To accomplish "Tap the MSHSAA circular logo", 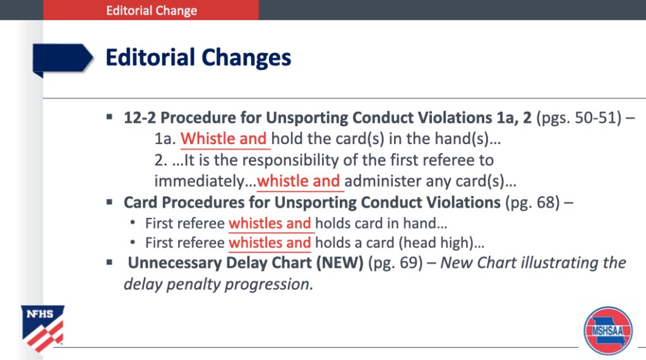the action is click(x=607, y=330).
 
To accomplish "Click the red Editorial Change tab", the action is click(x=151, y=10).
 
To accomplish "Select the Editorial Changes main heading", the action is click(x=198, y=57).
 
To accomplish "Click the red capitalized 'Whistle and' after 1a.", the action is click(x=224, y=139).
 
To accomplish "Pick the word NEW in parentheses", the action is click(x=340, y=263).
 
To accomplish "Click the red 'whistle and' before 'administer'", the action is click(x=299, y=181).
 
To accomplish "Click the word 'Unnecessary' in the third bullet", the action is click(x=175, y=263).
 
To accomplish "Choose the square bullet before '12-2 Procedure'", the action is click(x=109, y=117).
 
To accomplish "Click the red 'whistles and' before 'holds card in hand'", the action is click(x=270, y=223).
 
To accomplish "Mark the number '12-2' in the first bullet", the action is click(x=140, y=118).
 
